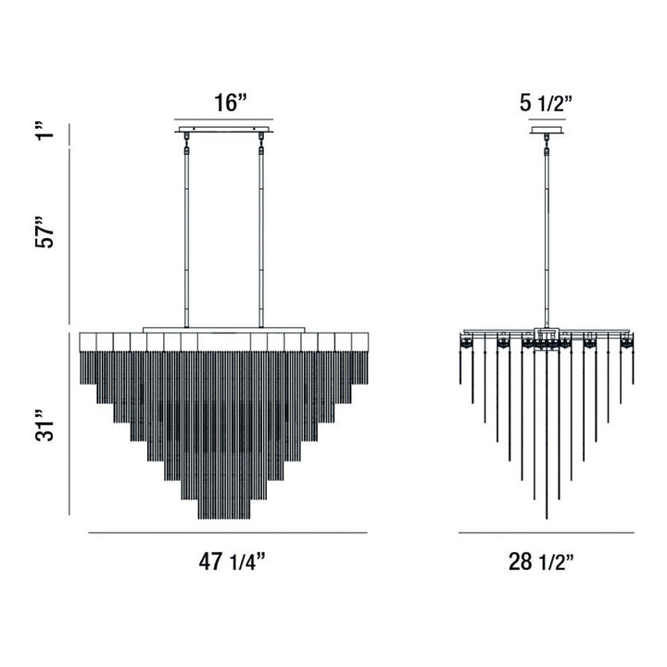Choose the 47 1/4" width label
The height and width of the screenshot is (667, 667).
228,560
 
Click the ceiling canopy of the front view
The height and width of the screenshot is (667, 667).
226,130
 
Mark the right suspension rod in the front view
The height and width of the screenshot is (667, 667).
262,232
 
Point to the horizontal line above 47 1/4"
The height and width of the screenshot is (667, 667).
228,534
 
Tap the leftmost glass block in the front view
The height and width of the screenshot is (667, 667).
89,342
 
